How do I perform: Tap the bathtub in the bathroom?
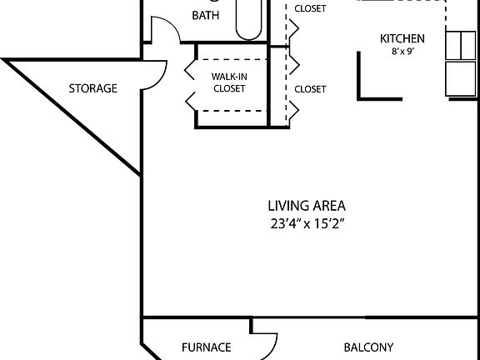click(x=248, y=18)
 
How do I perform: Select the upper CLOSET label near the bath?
click(x=310, y=9)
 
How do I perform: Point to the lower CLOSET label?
click(x=310, y=88)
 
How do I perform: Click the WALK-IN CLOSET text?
click(x=228, y=82)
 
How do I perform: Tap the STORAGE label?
click(x=92, y=88)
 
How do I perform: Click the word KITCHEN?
click(x=402, y=38)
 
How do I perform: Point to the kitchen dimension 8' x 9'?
click(x=402, y=52)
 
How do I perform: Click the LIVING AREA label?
click(x=307, y=205)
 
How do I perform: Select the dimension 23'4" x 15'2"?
click(x=307, y=223)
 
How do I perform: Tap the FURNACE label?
click(x=206, y=347)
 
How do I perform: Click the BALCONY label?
click(x=368, y=347)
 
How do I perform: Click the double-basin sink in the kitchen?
click(x=461, y=46)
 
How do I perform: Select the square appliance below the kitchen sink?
click(x=461, y=78)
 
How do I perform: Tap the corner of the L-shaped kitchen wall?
click(x=361, y=97)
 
